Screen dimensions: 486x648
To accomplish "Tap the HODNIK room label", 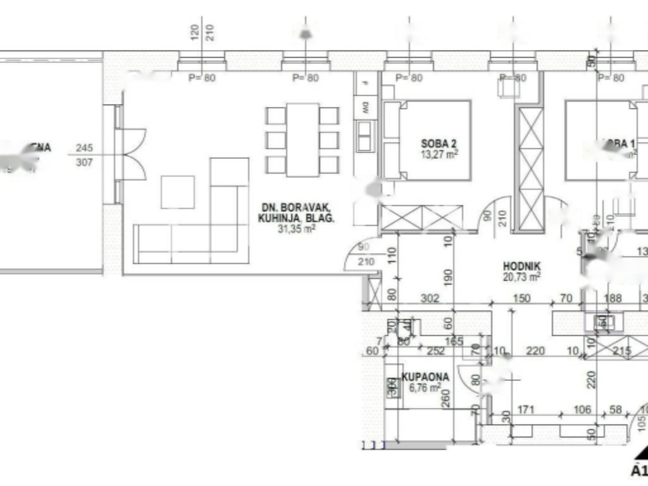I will click(521, 267).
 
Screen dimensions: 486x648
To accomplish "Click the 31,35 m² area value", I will click(296, 230).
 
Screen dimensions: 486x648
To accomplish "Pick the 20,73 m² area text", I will click(521, 277).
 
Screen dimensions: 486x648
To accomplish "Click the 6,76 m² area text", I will click(425, 388).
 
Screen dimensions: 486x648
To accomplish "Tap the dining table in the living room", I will click(302, 140).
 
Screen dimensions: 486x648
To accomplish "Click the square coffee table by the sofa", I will click(177, 192).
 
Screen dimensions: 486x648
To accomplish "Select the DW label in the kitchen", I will click(365, 108).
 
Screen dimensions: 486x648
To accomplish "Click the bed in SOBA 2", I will click(427, 139).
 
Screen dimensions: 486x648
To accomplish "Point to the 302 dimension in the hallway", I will click(430, 299).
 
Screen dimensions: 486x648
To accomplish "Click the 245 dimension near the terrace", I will click(84, 148).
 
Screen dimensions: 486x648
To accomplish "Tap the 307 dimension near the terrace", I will click(84, 163).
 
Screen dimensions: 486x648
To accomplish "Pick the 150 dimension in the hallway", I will click(521, 299).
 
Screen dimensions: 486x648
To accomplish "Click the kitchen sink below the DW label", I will click(364, 135).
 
